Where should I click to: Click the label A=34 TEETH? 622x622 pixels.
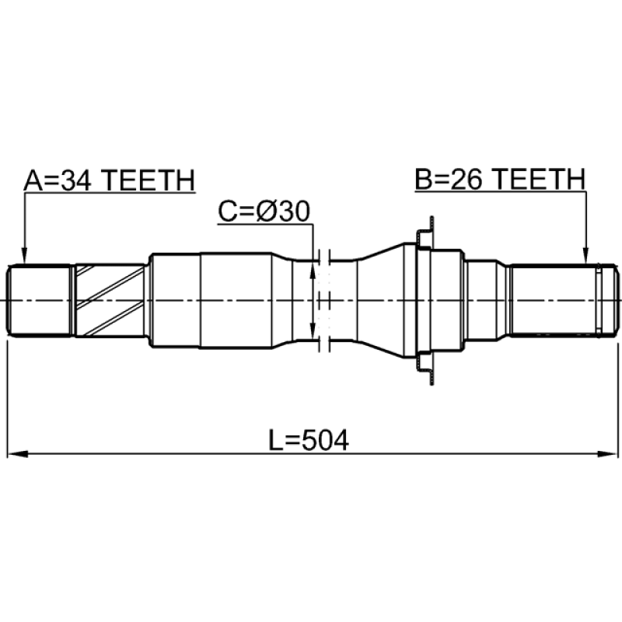pyautogui.click(x=110, y=180)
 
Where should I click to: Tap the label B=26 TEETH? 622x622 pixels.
pyautogui.click(x=500, y=179)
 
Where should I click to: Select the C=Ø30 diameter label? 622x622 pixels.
pyautogui.click(x=264, y=211)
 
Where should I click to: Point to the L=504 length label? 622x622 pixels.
pyautogui.click(x=309, y=440)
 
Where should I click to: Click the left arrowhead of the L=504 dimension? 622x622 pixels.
pyautogui.click(x=17, y=454)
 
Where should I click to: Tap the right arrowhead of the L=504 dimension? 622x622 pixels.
pyautogui.click(x=607, y=454)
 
